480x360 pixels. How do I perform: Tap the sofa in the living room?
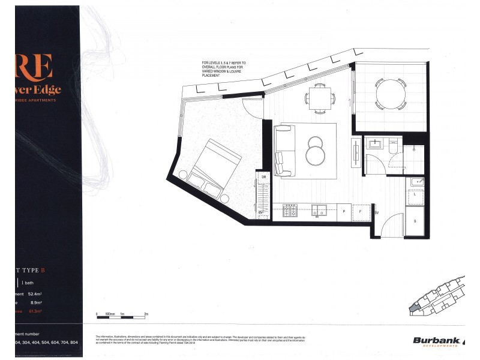tap(284, 146)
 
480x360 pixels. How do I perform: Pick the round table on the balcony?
tap(390, 94)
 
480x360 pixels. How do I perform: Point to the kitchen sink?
tap(319, 211)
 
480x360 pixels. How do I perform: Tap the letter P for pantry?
tap(343, 212)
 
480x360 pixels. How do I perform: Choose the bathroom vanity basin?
tap(374, 145)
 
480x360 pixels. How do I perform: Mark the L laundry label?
tap(416, 195)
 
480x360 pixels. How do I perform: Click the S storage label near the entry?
tap(415, 221)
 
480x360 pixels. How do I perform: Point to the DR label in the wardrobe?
tap(263, 176)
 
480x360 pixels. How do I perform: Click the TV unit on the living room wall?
tap(357, 152)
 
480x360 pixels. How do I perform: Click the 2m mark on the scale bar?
tap(146, 314)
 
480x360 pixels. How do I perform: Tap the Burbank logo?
tap(437, 341)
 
